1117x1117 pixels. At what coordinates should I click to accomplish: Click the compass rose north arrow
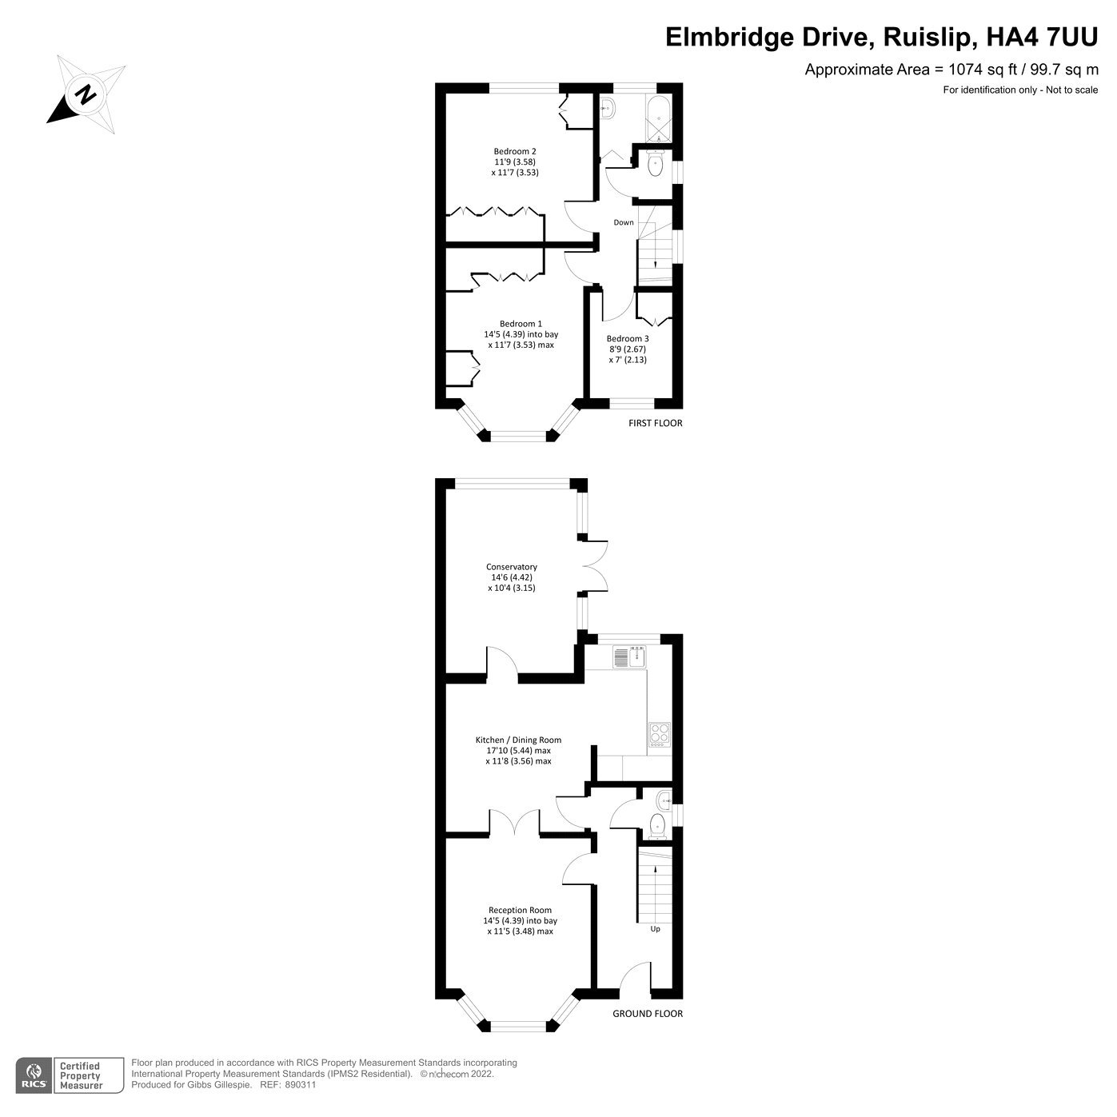click(85, 94)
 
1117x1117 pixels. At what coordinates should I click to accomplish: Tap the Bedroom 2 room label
click(515, 152)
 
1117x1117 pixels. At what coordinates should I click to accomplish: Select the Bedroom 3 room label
click(628, 339)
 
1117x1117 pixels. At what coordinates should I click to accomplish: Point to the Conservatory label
click(512, 567)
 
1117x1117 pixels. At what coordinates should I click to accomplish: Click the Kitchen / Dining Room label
click(518, 740)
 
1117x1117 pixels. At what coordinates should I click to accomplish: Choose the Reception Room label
click(520, 910)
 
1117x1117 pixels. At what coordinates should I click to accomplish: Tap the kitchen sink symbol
click(631, 657)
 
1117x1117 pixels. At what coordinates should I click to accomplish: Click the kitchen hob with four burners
click(659, 734)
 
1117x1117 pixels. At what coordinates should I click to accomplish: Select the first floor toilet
click(656, 166)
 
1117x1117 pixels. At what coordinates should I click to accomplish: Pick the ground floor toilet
click(657, 826)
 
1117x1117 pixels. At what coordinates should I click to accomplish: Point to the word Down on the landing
click(624, 222)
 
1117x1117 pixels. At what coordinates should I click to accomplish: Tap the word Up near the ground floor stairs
click(655, 929)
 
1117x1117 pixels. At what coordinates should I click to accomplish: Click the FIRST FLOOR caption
click(656, 423)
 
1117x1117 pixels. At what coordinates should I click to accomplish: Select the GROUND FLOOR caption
click(648, 1014)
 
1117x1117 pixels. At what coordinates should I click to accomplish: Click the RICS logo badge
click(34, 1075)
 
